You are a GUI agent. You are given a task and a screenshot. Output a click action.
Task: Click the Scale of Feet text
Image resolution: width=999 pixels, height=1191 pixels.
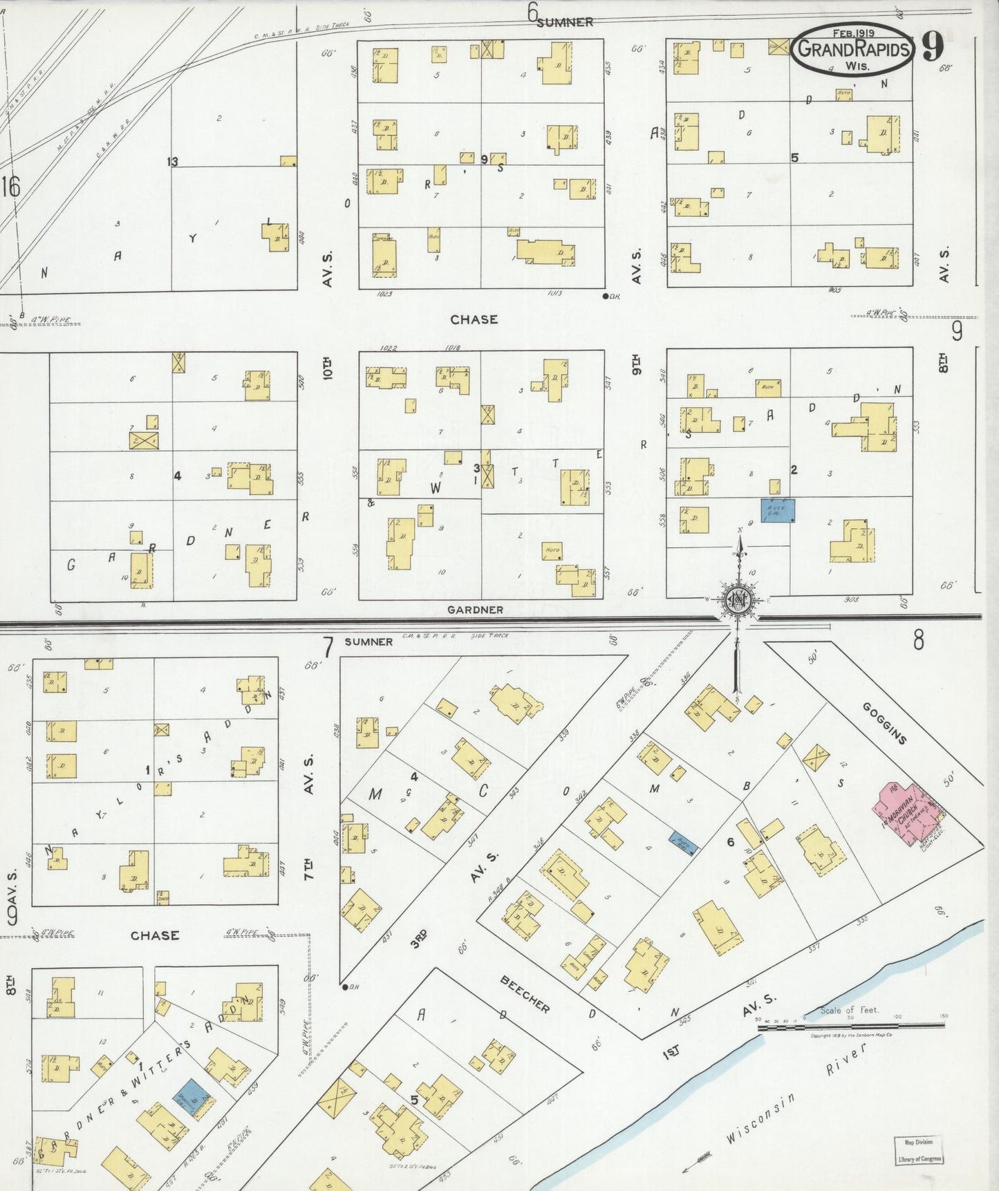point(849,1010)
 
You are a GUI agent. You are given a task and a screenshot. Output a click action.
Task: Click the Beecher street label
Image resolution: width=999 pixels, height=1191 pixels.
point(525,994)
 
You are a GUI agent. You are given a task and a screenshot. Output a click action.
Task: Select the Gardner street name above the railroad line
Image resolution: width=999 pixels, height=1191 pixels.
point(475,610)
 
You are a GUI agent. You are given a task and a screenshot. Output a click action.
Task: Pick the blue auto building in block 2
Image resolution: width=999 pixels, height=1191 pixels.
point(778,510)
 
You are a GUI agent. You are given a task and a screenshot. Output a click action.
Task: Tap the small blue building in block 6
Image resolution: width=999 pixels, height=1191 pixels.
point(683,843)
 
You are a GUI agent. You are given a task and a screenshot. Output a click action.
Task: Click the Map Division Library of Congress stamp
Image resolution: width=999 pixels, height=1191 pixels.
point(919,1150)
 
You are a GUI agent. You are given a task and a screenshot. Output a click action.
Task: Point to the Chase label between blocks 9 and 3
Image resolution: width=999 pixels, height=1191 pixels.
point(474,319)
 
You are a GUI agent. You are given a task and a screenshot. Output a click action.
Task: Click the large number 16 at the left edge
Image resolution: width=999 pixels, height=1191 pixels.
point(10,187)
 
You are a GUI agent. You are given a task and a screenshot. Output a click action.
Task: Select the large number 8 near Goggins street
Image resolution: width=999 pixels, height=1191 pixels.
point(917,641)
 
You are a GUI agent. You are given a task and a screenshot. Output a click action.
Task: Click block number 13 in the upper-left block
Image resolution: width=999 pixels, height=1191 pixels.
point(172,162)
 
